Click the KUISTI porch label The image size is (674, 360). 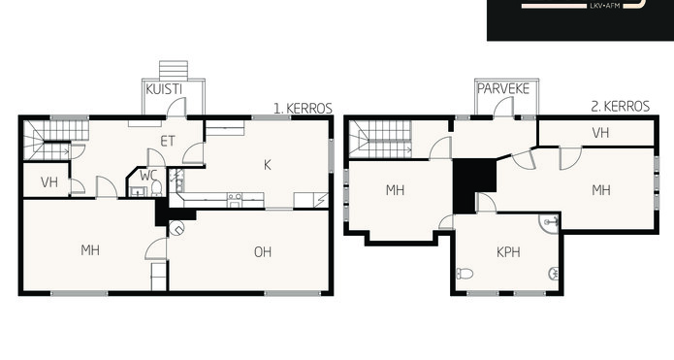[164, 89]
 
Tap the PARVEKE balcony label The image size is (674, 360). [503, 89]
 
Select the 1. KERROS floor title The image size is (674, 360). [303, 109]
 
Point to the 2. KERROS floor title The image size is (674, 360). [621, 106]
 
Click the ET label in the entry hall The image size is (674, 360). [168, 141]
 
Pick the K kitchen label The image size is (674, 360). [268, 165]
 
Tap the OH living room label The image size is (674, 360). [263, 251]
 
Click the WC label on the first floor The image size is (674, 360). [148, 176]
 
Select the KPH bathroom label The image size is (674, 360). [508, 252]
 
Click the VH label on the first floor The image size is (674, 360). [49, 181]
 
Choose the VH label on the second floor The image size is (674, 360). [600, 133]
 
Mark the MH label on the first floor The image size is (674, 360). [90, 250]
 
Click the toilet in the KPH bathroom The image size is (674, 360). [465, 273]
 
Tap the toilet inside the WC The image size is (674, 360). [156, 188]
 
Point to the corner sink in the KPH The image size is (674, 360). [550, 223]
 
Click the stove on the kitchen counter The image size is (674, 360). [235, 199]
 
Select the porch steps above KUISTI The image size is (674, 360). [174, 71]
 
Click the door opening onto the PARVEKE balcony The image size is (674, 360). [503, 107]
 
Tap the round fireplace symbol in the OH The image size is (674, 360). [177, 228]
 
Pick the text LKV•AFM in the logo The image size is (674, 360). [605, 6]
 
